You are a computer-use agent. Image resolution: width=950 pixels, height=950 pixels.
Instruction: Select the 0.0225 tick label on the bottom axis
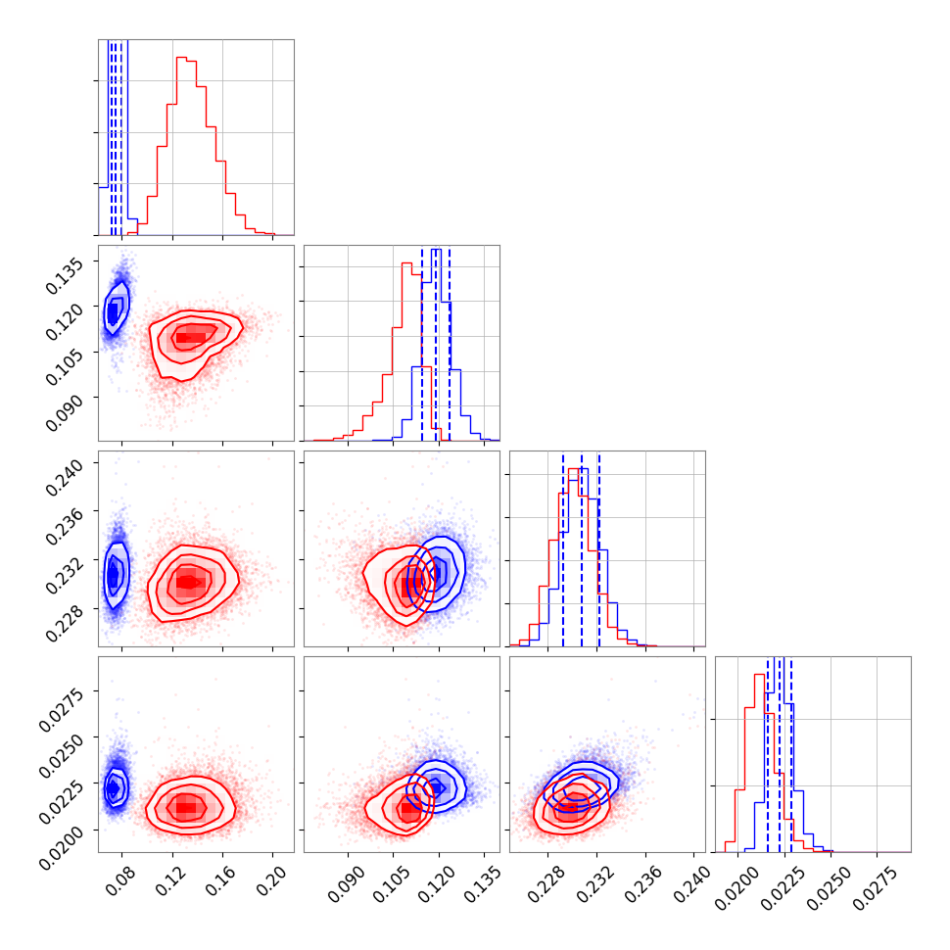(x=784, y=885)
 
